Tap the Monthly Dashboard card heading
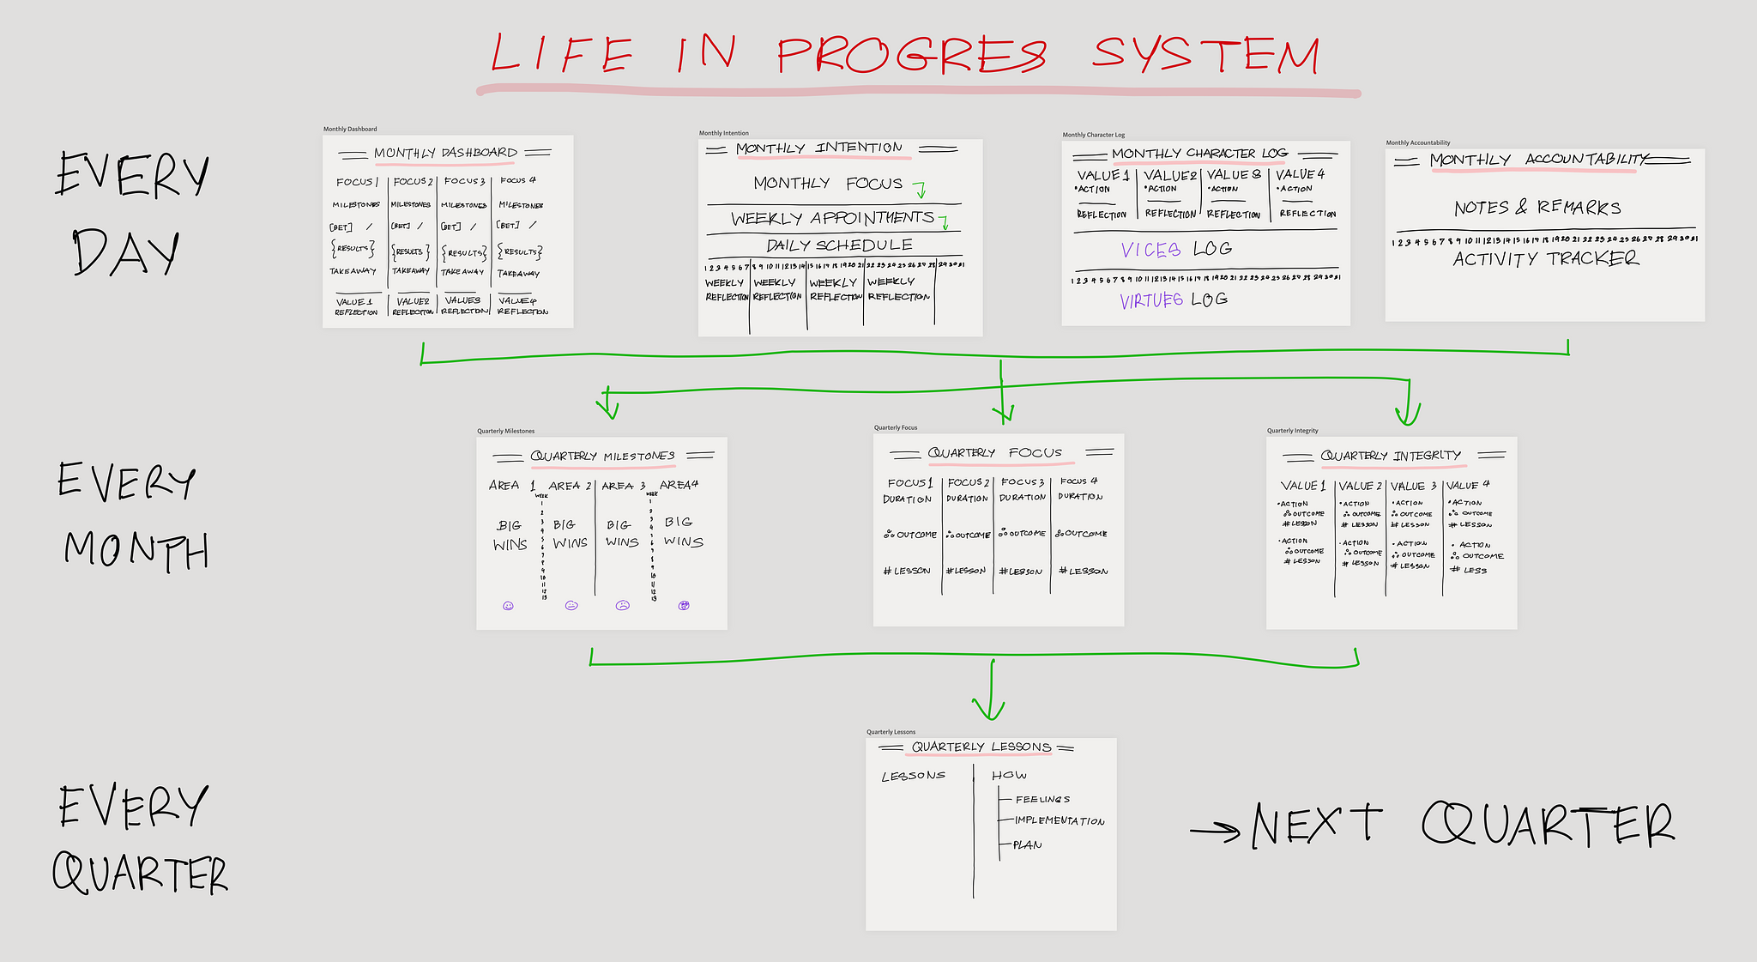pyautogui.click(x=445, y=154)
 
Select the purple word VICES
pyautogui.click(x=1150, y=250)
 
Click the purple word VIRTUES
pyautogui.click(x=1151, y=300)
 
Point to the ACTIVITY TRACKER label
pyautogui.click(x=1545, y=259)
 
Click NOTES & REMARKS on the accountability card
pyautogui.click(x=1537, y=208)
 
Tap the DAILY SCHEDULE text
pyautogui.click(x=839, y=245)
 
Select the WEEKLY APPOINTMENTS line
pyautogui.click(x=832, y=218)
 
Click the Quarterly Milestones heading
pyautogui.click(x=602, y=456)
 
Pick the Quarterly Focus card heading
pyautogui.click(x=994, y=452)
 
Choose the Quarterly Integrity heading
pyautogui.click(x=1390, y=456)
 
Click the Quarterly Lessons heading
pyautogui.click(x=981, y=747)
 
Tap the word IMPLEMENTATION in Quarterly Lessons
pyautogui.click(x=1060, y=821)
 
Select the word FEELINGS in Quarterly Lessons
pyautogui.click(x=1042, y=799)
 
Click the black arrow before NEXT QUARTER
pyautogui.click(x=1215, y=830)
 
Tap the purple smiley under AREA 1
pyautogui.click(x=508, y=606)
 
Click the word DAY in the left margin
pyautogui.click(x=127, y=252)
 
